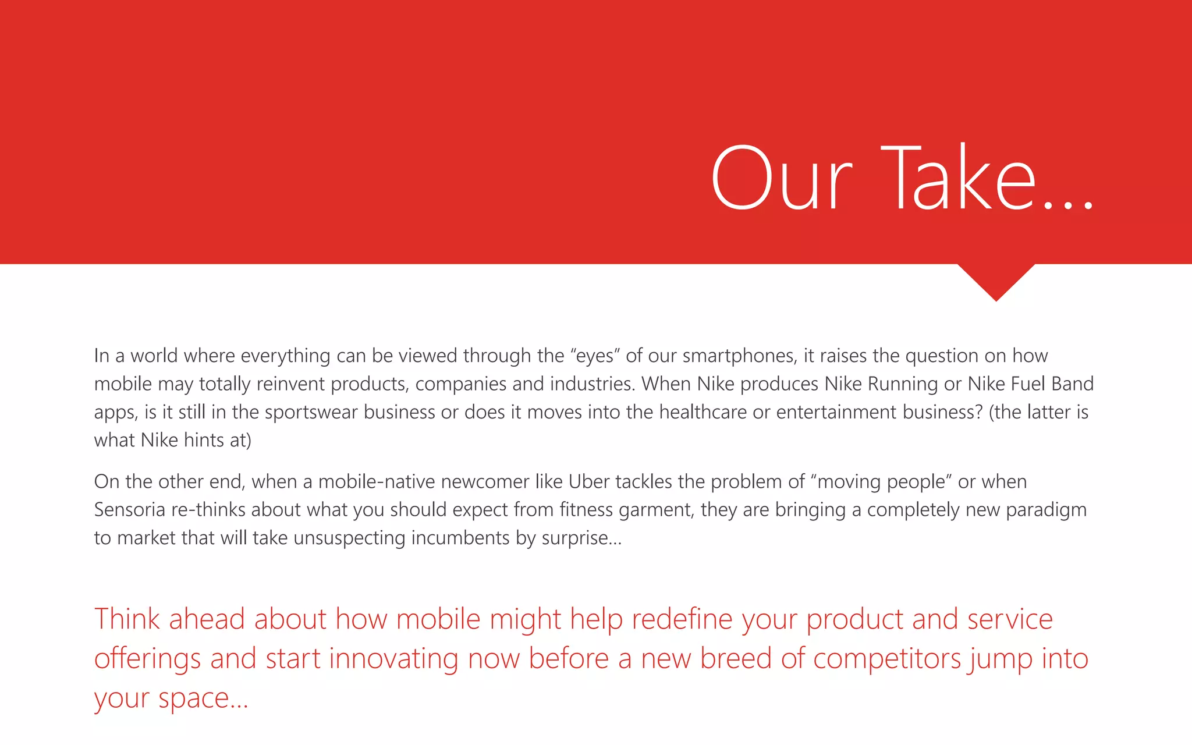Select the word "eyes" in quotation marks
[595, 356]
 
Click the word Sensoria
[129, 510]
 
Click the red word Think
[127, 619]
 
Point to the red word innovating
[393, 659]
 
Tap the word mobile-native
[376, 482]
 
